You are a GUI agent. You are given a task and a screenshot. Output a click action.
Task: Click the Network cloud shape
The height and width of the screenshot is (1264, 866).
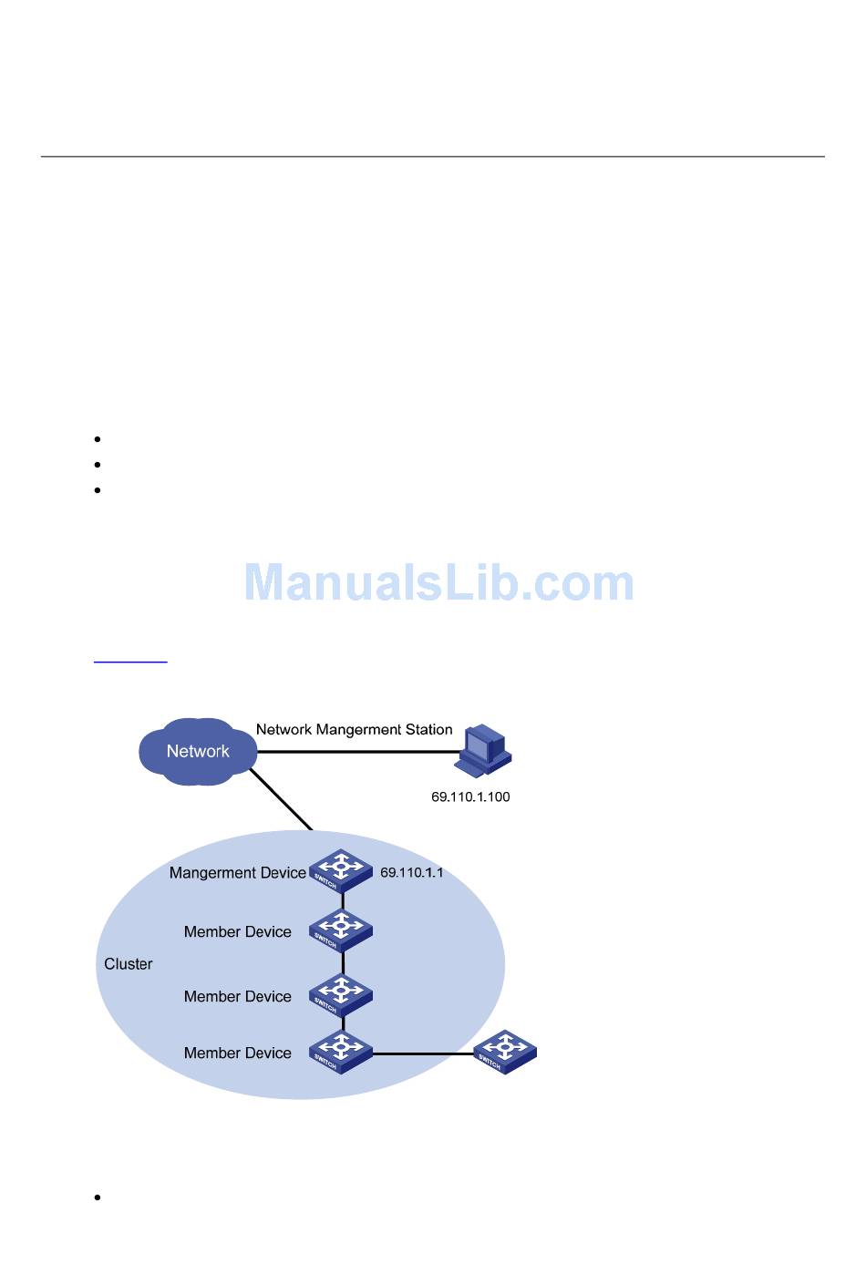(x=198, y=751)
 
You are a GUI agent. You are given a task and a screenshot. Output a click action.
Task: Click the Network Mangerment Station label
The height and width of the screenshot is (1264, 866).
(x=354, y=729)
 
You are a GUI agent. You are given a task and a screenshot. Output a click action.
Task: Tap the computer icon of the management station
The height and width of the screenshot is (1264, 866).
(x=486, y=750)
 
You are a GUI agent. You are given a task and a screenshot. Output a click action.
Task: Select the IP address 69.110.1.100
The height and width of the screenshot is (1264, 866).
(x=470, y=796)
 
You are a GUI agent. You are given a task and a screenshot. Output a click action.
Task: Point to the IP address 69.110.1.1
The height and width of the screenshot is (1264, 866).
(x=411, y=872)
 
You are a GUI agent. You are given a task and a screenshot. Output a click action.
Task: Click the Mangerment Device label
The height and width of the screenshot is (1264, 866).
(x=237, y=872)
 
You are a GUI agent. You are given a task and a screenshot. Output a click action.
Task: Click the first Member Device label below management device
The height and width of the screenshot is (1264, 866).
(x=237, y=931)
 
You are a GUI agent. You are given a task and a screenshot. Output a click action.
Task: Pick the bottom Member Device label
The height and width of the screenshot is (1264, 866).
(x=237, y=1053)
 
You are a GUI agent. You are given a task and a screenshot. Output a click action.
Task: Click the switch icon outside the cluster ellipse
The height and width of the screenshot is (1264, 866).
(x=505, y=1052)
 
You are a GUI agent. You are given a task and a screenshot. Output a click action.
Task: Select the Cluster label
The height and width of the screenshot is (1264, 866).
(x=129, y=963)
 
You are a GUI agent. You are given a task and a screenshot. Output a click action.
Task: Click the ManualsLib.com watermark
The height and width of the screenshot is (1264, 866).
(x=438, y=582)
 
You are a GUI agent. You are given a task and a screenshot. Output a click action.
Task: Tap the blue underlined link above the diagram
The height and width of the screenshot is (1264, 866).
(x=130, y=660)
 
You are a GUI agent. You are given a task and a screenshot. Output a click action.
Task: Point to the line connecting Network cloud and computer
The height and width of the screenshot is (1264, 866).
(x=360, y=752)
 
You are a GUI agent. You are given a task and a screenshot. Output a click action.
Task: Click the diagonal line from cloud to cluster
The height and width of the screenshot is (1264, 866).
(x=282, y=799)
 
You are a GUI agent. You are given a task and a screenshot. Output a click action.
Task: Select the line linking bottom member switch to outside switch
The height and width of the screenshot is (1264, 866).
(x=424, y=1053)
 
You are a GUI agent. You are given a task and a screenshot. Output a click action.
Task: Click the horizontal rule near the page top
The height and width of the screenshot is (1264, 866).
(x=432, y=157)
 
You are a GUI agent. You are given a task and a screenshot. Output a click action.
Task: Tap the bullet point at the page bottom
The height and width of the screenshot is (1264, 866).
(x=97, y=1197)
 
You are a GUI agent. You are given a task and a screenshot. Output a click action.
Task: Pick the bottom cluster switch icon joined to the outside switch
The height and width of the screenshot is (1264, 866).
(x=341, y=1052)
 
